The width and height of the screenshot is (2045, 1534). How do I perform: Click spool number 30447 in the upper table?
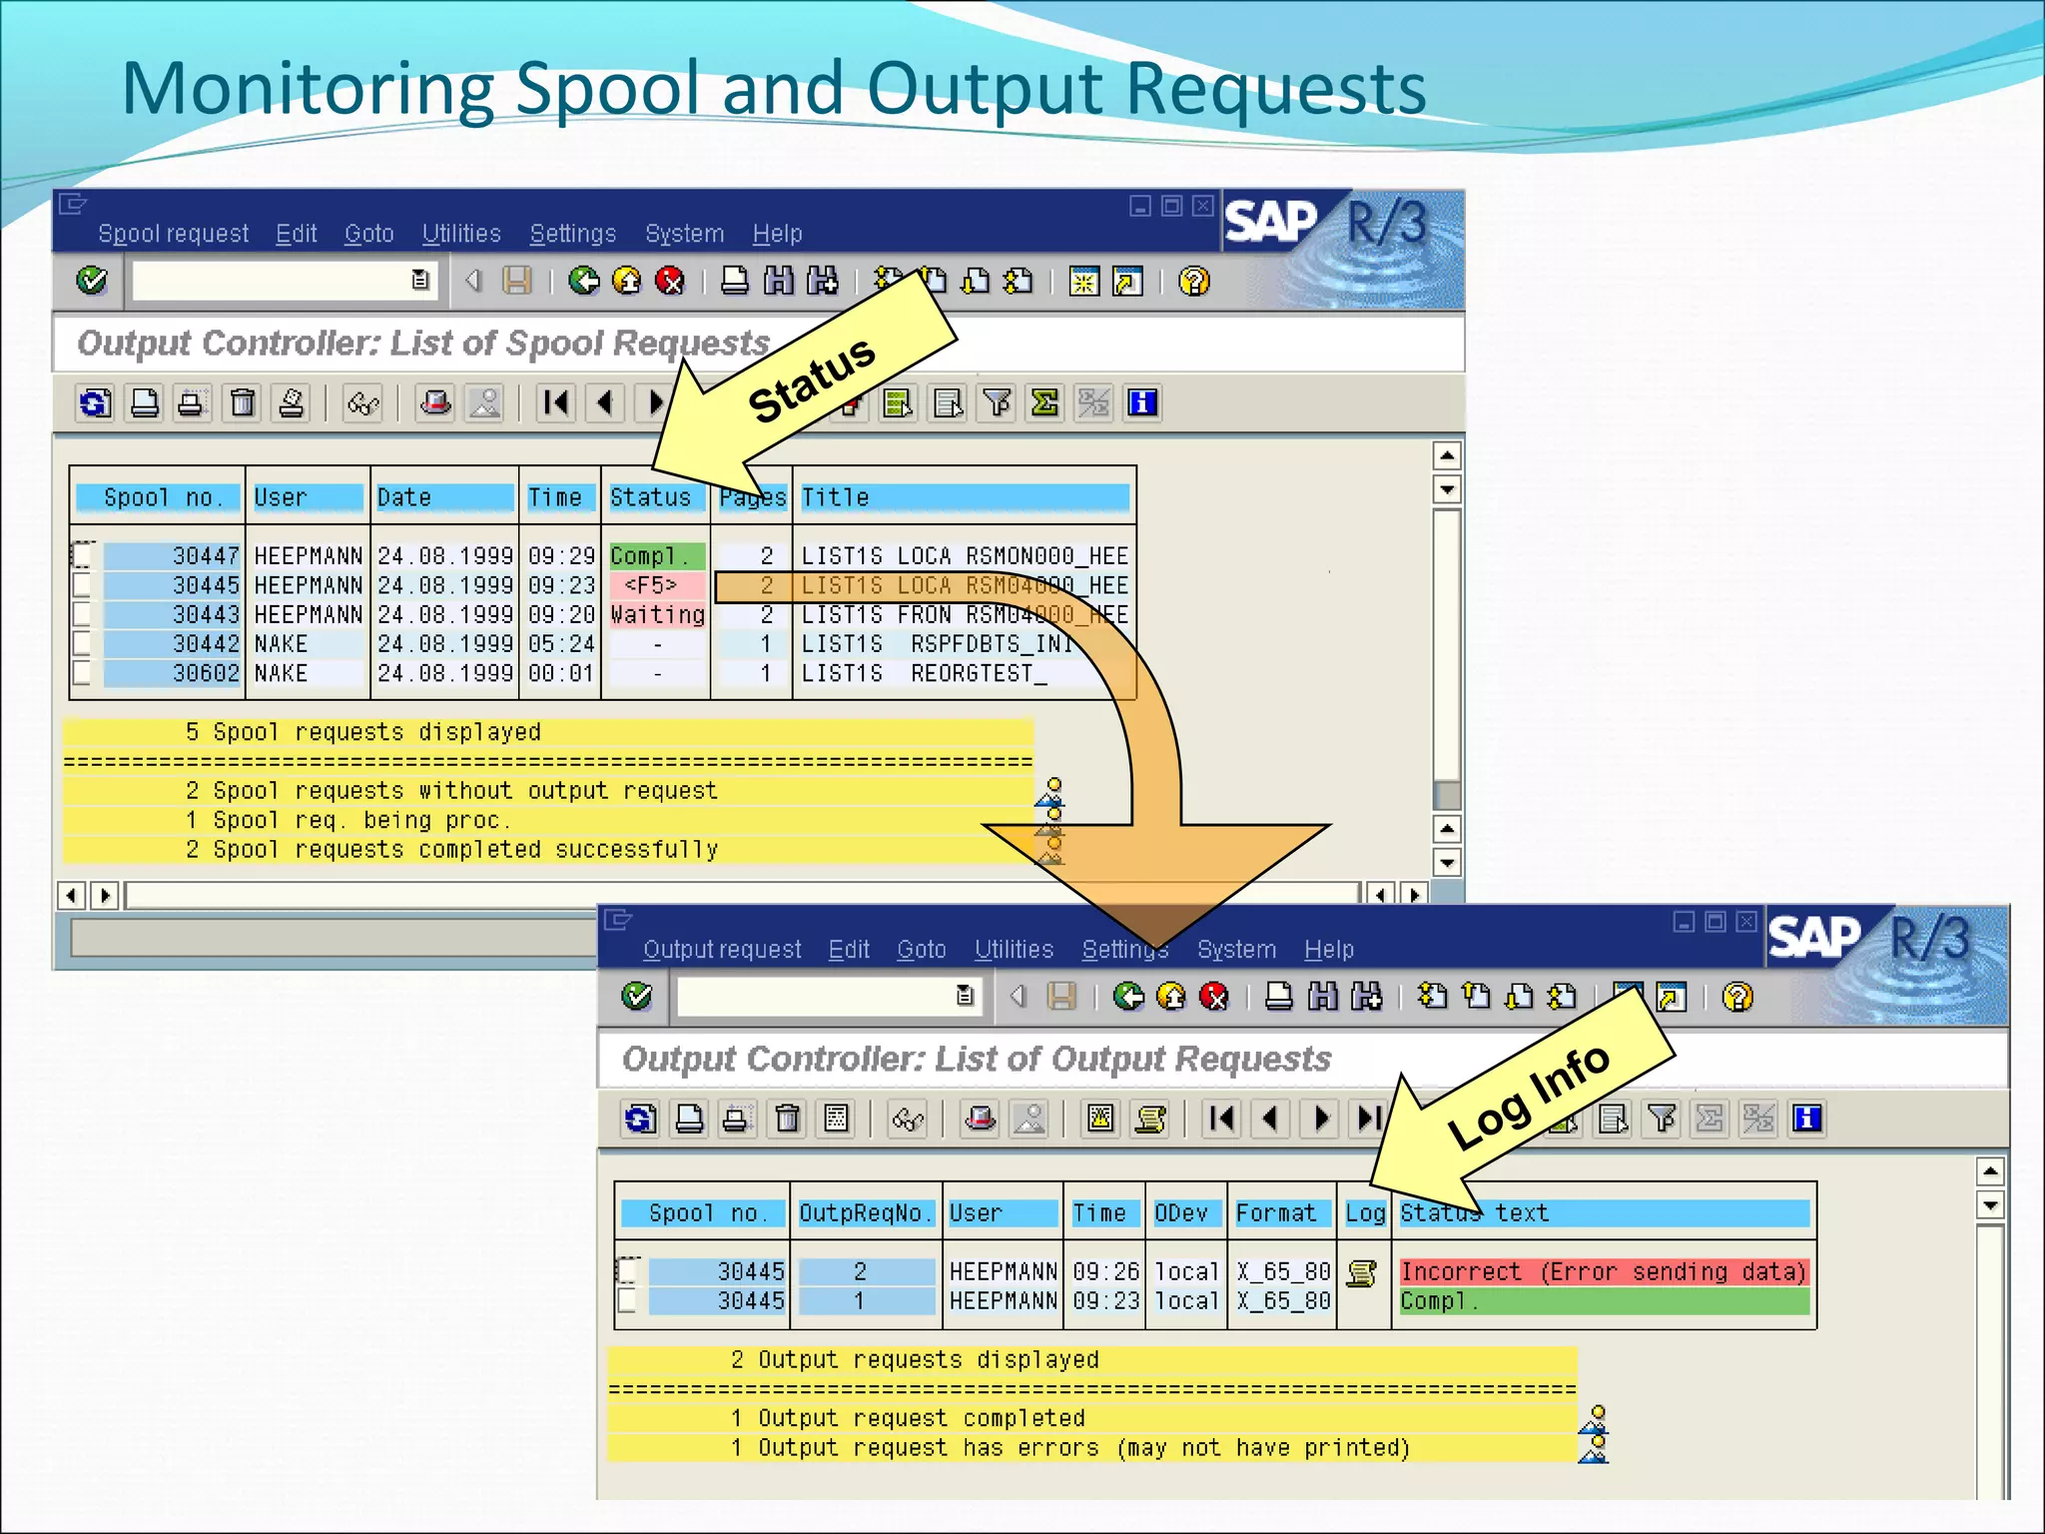click(x=205, y=555)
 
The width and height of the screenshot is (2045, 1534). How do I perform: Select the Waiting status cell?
click(x=657, y=614)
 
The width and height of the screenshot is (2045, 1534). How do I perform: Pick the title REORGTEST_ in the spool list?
click(x=979, y=674)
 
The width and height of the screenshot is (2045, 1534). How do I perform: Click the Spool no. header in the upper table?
click(x=158, y=497)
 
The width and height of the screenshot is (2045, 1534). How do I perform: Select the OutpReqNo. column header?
click(x=865, y=1213)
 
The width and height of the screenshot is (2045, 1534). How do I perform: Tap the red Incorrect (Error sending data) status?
click(x=1603, y=1271)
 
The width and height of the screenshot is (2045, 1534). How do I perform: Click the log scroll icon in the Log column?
click(x=1362, y=1273)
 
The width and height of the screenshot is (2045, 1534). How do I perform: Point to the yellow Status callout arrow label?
click(x=811, y=381)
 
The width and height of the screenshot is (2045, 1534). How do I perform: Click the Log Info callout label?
click(x=1528, y=1097)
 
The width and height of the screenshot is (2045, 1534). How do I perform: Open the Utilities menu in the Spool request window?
click(x=461, y=234)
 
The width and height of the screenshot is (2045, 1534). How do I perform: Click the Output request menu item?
click(x=721, y=950)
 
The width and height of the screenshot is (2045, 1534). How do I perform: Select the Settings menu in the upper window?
click(x=572, y=234)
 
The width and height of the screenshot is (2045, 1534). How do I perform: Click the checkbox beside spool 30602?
click(x=82, y=673)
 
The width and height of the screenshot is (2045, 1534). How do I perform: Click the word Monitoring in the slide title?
click(x=308, y=88)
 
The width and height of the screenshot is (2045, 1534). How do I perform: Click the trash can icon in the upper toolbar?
click(x=243, y=403)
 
